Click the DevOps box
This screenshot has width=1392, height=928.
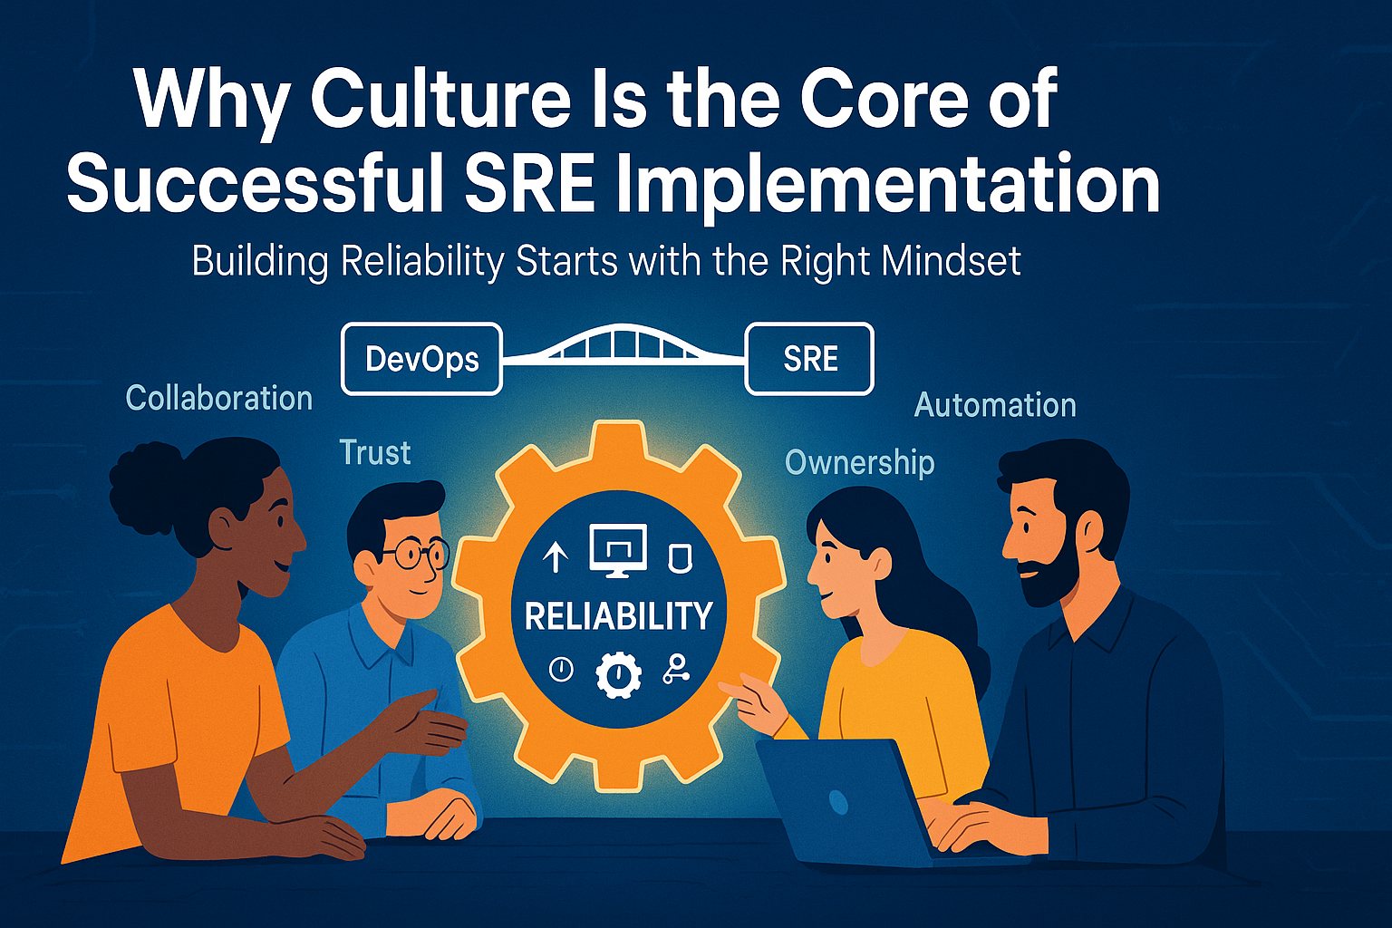[422, 359]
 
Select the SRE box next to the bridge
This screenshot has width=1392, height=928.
[809, 359]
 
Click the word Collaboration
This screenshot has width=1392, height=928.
[218, 398]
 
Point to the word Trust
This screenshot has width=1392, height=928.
[374, 452]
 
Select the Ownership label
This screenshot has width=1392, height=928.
[859, 463]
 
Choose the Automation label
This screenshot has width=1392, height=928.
[995, 405]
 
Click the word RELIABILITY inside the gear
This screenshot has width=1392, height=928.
[618, 616]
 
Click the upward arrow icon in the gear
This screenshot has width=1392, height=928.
[556, 556]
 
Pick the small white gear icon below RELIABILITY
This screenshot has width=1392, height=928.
[618, 674]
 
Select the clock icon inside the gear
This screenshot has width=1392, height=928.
[561, 670]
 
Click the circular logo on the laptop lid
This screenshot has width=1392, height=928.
[838, 802]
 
